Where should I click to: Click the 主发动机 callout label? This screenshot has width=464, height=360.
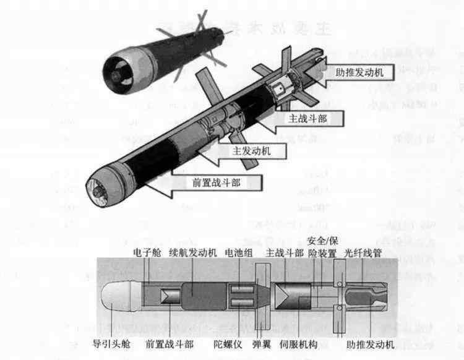coord(251,150)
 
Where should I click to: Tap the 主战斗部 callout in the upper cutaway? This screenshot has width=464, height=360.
coord(307,118)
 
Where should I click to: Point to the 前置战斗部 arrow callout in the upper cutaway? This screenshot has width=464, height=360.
coord(217,182)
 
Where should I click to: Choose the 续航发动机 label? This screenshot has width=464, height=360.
coord(192,253)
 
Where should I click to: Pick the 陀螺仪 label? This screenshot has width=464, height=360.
coord(226,343)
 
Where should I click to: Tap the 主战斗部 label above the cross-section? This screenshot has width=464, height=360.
coord(284,253)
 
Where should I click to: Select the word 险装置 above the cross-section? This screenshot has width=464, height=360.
coord(322,253)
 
